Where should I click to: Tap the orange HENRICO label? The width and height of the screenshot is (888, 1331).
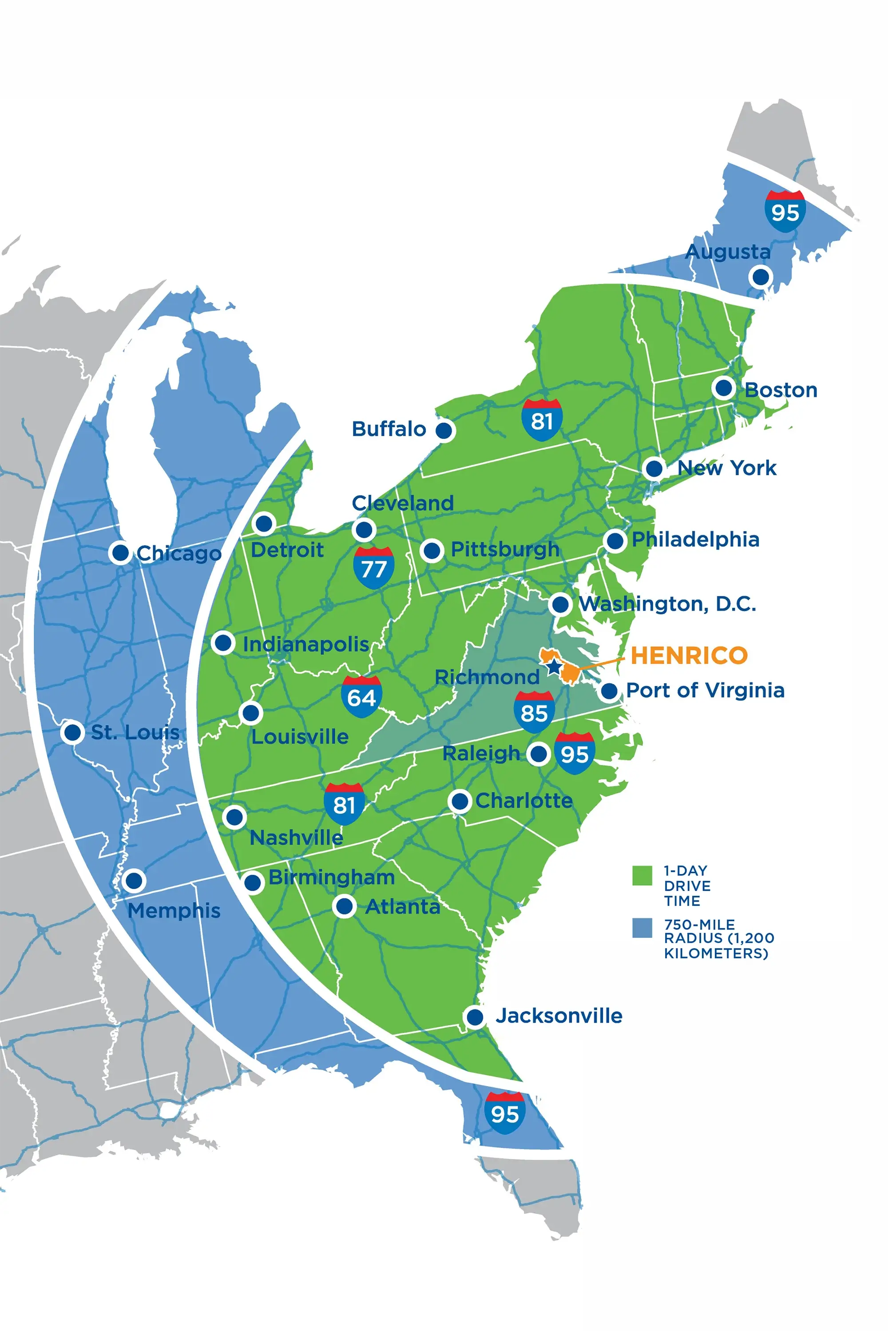(689, 655)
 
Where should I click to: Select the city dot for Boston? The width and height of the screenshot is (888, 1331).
(723, 388)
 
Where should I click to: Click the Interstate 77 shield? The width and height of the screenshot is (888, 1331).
(373, 567)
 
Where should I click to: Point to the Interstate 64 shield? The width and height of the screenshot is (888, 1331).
(361, 697)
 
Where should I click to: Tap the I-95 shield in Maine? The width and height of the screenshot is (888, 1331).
(785, 211)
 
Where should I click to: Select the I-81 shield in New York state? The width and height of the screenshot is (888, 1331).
(542, 419)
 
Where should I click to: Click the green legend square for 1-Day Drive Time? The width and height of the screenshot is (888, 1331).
(642, 875)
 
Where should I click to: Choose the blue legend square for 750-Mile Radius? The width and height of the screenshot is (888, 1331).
(642, 928)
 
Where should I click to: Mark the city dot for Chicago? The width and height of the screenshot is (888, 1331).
(120, 552)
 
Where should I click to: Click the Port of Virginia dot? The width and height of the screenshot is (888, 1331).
(609, 691)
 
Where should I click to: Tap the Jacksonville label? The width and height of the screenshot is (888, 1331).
(559, 1016)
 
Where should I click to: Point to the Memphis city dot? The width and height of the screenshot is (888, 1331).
(134, 881)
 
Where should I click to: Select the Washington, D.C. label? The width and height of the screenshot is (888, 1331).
(667, 604)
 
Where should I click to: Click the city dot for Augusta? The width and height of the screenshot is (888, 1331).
(760, 277)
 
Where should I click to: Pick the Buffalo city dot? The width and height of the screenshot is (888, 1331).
(444, 430)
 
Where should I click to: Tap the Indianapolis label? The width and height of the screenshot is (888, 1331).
(306, 644)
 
